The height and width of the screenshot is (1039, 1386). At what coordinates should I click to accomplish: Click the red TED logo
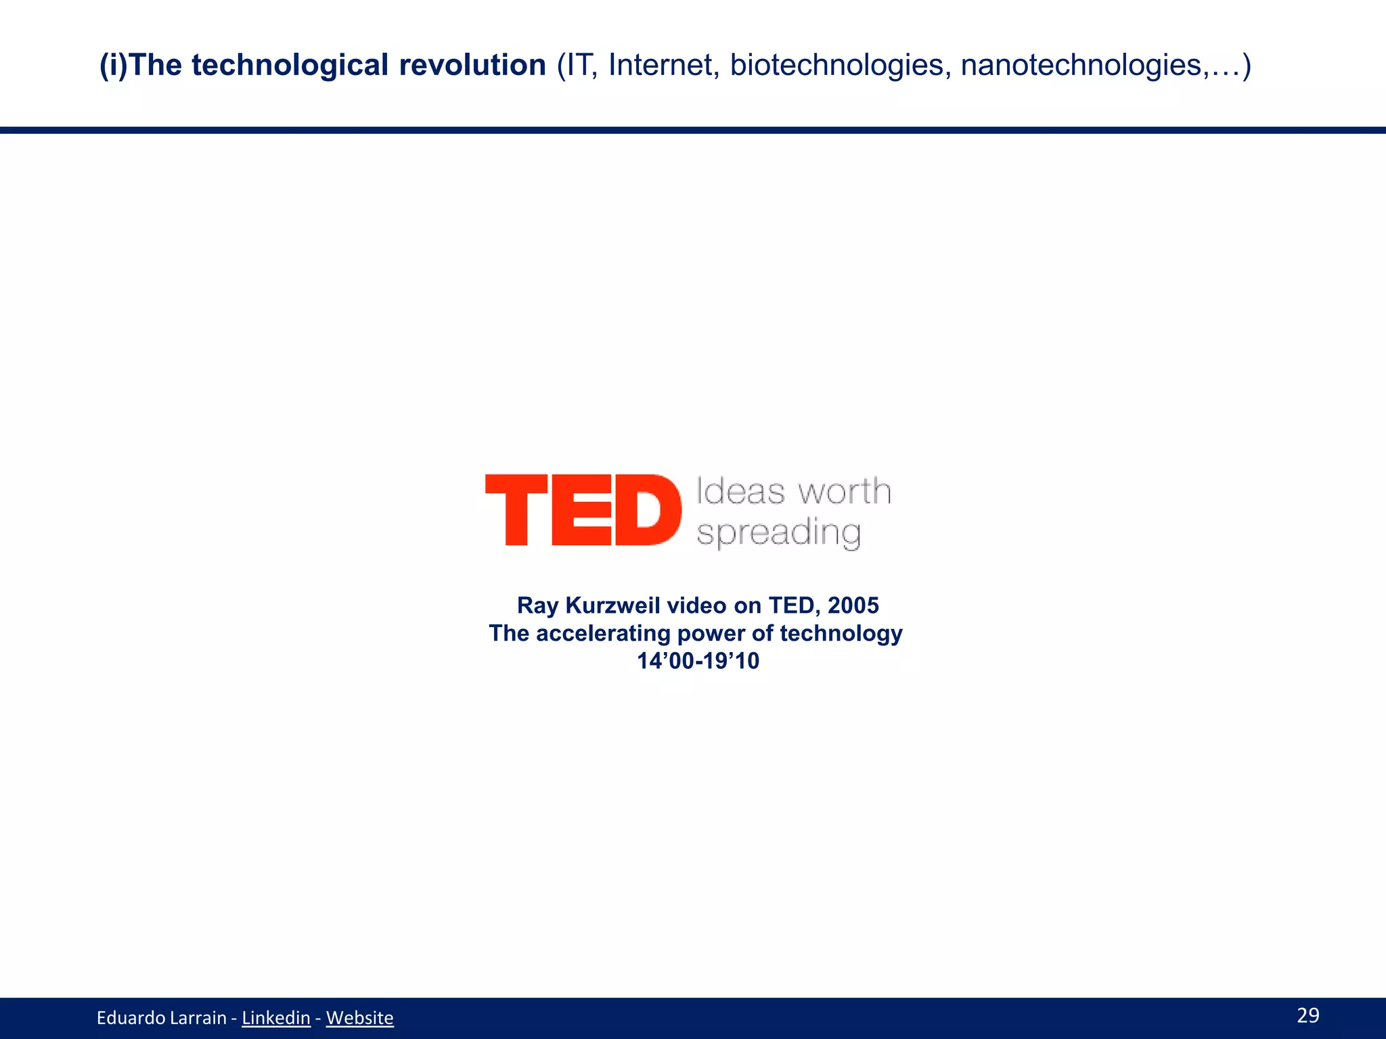583,510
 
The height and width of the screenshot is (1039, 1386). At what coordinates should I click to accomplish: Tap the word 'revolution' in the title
472,66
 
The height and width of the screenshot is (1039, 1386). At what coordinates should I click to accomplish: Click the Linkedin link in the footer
276,1018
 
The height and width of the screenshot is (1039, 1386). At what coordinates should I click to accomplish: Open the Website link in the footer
359,1018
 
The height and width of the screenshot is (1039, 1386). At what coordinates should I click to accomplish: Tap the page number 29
1308,1015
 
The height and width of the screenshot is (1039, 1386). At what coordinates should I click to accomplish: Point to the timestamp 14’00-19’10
698,661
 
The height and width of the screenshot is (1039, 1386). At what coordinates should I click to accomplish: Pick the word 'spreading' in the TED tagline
778,533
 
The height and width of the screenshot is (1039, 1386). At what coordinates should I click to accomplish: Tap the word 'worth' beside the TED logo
843,491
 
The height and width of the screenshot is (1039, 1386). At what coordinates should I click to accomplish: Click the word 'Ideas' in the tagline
740,491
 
